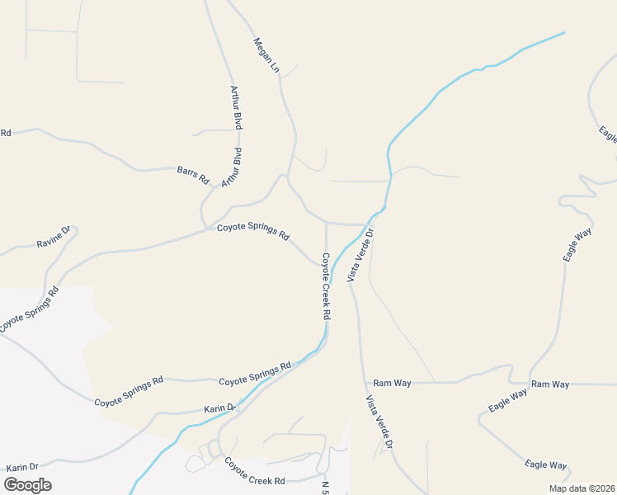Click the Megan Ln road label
pyautogui.click(x=267, y=55)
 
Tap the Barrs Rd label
pyautogui.click(x=194, y=175)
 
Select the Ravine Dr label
pyautogui.click(x=54, y=238)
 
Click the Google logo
pyautogui.click(x=27, y=485)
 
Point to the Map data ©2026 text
pyautogui.click(x=582, y=488)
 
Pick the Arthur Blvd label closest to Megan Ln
pyautogui.click(x=236, y=107)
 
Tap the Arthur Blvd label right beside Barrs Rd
pyautogui.click(x=235, y=167)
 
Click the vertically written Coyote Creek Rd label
pyautogui.click(x=326, y=285)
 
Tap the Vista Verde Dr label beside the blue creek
pyautogui.click(x=361, y=254)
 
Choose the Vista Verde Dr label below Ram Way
pyautogui.click(x=379, y=422)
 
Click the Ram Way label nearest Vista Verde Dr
pyautogui.click(x=392, y=383)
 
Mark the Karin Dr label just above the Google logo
pyautogui.click(x=23, y=468)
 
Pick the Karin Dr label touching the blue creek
pyautogui.click(x=220, y=408)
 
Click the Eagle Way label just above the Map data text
pyautogui.click(x=546, y=465)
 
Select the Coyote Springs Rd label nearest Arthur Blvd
pyautogui.click(x=253, y=231)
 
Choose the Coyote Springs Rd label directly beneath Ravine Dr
pyautogui.click(x=31, y=309)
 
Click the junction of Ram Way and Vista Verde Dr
pyautogui.click(x=365, y=383)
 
